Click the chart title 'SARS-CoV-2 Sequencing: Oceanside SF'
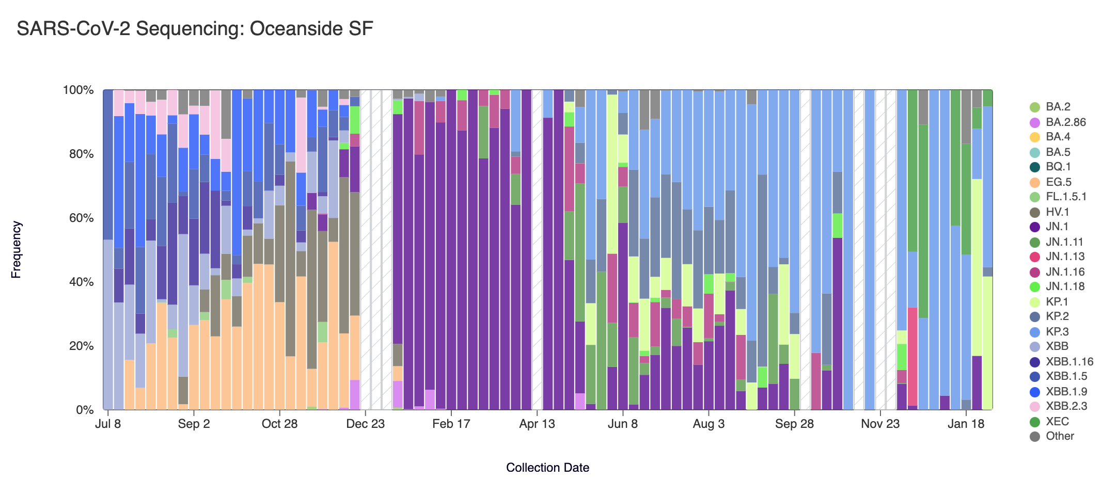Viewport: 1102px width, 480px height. (x=195, y=29)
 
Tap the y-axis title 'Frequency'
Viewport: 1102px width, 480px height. (x=16, y=250)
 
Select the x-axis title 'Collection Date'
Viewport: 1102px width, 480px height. (x=547, y=468)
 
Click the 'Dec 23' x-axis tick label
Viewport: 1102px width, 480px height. (x=365, y=424)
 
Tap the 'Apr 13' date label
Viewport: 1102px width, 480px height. (x=537, y=424)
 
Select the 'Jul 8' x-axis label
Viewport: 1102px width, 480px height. (x=108, y=424)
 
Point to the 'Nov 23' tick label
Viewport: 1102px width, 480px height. (x=880, y=424)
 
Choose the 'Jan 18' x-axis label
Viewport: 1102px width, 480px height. (x=966, y=424)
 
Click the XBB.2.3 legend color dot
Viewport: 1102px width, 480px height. (x=1034, y=407)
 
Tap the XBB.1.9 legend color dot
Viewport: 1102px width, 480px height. (x=1034, y=392)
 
